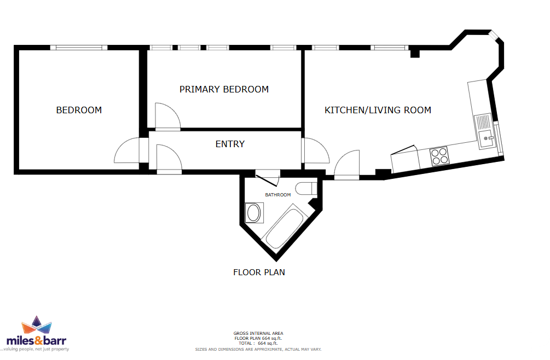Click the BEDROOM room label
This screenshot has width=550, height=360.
[x=79, y=110]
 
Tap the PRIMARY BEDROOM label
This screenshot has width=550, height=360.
[x=224, y=89]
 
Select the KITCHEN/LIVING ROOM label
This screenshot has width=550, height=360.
[x=378, y=110]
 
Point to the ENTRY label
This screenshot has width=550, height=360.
[x=230, y=144]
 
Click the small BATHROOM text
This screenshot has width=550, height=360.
[x=278, y=195]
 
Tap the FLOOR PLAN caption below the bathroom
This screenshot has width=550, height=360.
[x=259, y=272]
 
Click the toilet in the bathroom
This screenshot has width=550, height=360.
[x=305, y=189]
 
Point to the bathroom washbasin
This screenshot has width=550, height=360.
[x=253, y=213]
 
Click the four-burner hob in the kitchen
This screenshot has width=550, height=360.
[x=439, y=156]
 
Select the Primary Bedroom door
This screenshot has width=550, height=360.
[x=167, y=116]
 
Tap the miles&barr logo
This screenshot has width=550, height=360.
[x=36, y=334]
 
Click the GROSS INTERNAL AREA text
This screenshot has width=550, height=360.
[x=258, y=333]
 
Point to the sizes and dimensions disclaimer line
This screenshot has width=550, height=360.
[x=258, y=349]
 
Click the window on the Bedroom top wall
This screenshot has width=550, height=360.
[x=79, y=48]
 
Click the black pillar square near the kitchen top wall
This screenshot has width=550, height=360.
[x=415, y=54]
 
